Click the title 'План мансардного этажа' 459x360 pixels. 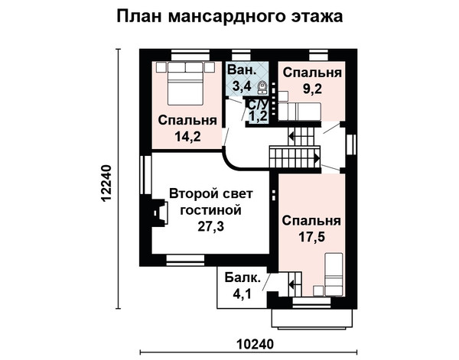coord(229,16)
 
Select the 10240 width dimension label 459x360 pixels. coord(255,344)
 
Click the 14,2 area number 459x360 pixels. coord(188,136)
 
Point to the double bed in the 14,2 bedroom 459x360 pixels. coord(185,83)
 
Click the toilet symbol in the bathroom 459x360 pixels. coord(262,87)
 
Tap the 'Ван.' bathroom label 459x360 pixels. coord(242,70)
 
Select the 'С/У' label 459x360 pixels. coord(259,105)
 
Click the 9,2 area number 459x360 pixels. coord(312,89)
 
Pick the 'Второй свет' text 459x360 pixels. coord(211,194)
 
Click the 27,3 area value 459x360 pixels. coord(211,226)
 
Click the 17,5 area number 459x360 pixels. coord(312,237)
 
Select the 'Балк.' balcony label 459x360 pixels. coord(243,277)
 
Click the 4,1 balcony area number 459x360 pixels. coord(242,294)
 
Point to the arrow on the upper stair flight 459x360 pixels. coord(291,136)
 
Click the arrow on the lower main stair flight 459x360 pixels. coord(317,158)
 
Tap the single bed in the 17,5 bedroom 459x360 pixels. coord(334,274)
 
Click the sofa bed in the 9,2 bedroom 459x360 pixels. coord(299,112)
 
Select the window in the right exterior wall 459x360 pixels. coord(351,144)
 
